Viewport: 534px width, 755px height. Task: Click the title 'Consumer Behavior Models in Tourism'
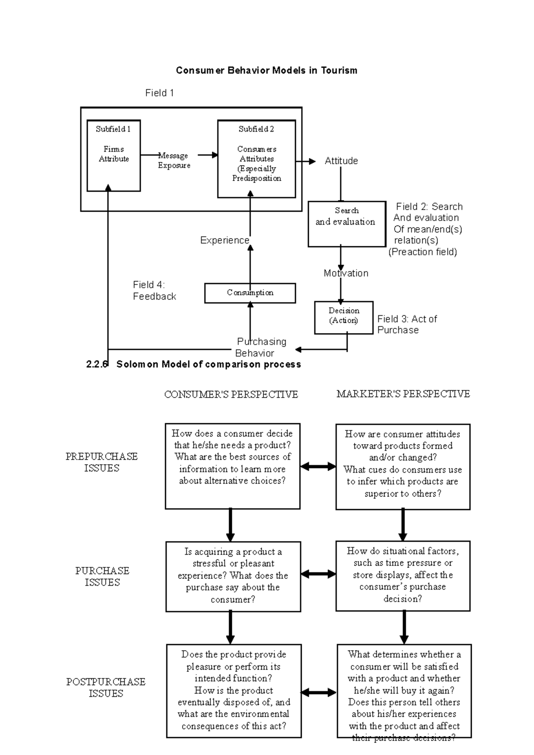click(267, 70)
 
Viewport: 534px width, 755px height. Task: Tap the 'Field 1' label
click(159, 93)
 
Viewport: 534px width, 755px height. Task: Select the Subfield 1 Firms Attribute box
click(113, 155)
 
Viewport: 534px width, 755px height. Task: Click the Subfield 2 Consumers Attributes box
click(256, 159)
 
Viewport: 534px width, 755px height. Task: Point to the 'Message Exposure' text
click(174, 161)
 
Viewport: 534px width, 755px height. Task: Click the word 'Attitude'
click(341, 161)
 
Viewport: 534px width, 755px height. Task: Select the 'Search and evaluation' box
click(346, 224)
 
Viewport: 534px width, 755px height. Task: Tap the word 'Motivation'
click(346, 273)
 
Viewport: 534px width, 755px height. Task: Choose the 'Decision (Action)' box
click(344, 317)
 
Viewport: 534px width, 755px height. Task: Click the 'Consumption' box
click(250, 293)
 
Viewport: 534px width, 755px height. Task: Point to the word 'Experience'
click(225, 241)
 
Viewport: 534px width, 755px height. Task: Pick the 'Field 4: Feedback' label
click(154, 291)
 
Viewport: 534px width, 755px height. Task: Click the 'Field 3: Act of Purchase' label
click(407, 325)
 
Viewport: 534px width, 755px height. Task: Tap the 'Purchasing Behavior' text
click(261, 347)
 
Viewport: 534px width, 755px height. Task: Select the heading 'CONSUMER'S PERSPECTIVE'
click(231, 394)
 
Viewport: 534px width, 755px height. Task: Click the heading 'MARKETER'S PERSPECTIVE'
click(403, 394)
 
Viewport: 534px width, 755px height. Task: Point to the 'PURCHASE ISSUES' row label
click(102, 577)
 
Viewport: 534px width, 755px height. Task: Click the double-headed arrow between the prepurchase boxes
click(318, 466)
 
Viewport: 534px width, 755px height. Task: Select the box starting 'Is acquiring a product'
click(233, 576)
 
